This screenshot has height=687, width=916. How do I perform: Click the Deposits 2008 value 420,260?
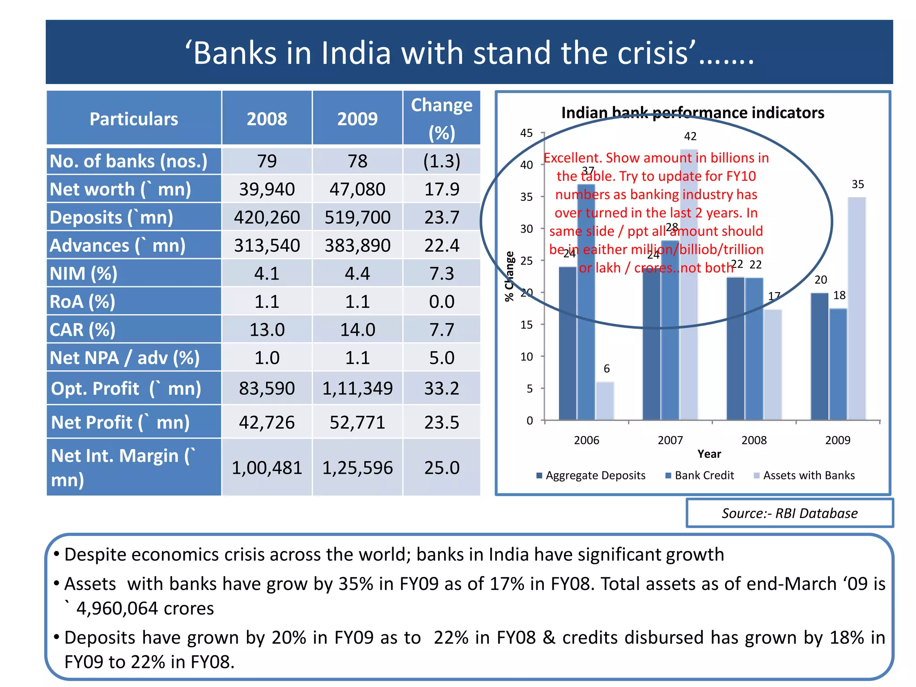[267, 217]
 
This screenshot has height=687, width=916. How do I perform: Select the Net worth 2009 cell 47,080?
[357, 189]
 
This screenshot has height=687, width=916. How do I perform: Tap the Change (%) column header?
[441, 119]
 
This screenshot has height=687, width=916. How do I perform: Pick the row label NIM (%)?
[84, 273]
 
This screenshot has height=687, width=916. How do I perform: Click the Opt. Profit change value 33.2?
[441, 388]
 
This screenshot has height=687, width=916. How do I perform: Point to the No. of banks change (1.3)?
[441, 161]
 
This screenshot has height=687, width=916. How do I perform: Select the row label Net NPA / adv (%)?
[125, 358]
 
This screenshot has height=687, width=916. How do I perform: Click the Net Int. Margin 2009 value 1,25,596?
[357, 468]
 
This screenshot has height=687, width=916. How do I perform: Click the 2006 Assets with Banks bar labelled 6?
[605, 401]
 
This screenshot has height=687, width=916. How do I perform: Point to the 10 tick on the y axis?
[527, 357]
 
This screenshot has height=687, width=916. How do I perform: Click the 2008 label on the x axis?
[754, 440]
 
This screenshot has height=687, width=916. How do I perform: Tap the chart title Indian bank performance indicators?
[692, 113]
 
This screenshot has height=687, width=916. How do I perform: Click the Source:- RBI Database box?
[789, 513]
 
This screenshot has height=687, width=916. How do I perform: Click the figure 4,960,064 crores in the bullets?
[145, 608]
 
